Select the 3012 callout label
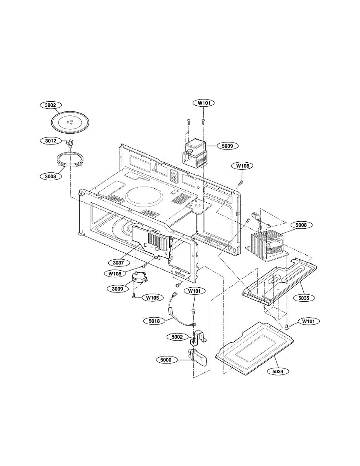pyautogui.click(x=50, y=141)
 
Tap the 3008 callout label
pyautogui.click(x=50, y=176)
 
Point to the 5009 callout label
pyautogui.click(x=228, y=146)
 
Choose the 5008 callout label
pyautogui.click(x=301, y=225)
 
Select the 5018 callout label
pyautogui.click(x=154, y=321)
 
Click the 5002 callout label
pyautogui.click(x=177, y=337)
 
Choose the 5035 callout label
pyautogui.click(x=304, y=298)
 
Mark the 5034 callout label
pyautogui.click(x=278, y=371)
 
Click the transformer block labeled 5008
pyautogui.click(x=268, y=245)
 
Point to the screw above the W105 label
pyautogui.click(x=134, y=296)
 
